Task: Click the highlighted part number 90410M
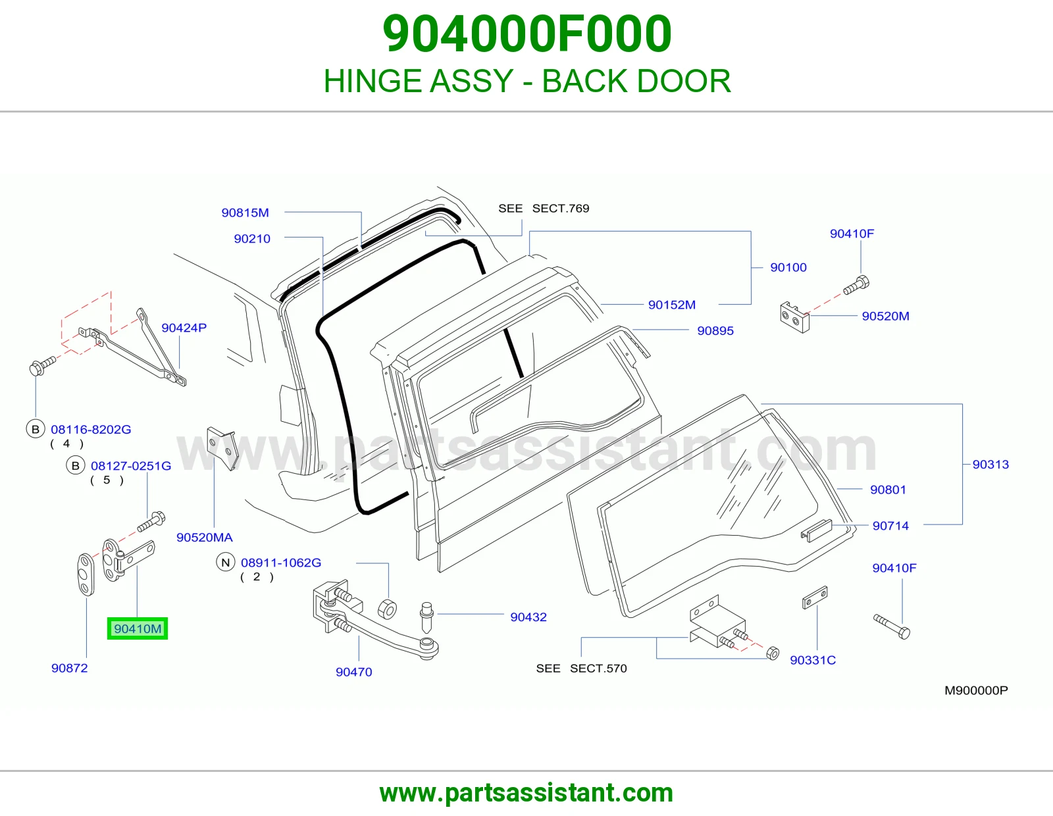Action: click(138, 628)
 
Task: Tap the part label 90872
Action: click(69, 668)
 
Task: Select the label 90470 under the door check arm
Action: click(354, 672)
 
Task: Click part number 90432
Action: click(528, 617)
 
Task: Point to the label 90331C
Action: click(813, 660)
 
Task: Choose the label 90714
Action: click(890, 526)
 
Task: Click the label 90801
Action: click(888, 490)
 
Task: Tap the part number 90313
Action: click(990, 464)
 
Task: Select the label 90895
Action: click(715, 330)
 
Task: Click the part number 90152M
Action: click(672, 305)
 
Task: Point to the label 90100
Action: click(788, 267)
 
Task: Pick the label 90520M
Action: click(885, 316)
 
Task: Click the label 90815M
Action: click(245, 213)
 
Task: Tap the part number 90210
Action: click(252, 238)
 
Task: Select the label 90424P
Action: click(184, 328)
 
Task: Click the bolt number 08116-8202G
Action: click(91, 429)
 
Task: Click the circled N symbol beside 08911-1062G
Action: click(225, 563)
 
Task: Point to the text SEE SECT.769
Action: click(544, 209)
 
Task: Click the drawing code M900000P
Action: click(976, 690)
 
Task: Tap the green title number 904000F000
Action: click(526, 34)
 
